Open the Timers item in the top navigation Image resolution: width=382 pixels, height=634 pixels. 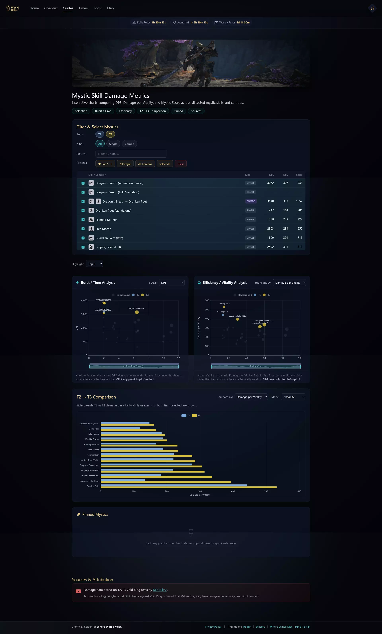[83, 8]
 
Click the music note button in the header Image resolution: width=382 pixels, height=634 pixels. [372, 8]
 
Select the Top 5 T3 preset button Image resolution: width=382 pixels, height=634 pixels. [105, 164]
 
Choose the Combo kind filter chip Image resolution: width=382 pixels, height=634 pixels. [129, 144]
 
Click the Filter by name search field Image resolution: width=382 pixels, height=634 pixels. [131, 154]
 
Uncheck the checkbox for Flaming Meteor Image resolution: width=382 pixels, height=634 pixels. [83, 220]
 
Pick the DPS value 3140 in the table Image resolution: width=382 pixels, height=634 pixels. [270, 201]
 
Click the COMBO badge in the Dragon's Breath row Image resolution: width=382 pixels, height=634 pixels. [250, 201]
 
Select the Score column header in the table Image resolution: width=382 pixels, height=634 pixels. [299, 175]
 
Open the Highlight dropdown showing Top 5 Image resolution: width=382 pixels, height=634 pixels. [94, 264]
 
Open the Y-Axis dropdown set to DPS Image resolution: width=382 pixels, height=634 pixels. [172, 283]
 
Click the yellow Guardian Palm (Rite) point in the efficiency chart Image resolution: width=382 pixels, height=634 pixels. [237, 319]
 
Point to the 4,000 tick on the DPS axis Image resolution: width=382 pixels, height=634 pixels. [84, 301]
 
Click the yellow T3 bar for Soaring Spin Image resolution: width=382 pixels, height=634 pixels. [188, 487]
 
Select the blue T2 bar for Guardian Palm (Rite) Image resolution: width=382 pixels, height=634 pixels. [123, 480]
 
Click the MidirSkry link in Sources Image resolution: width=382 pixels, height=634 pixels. [160, 590]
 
